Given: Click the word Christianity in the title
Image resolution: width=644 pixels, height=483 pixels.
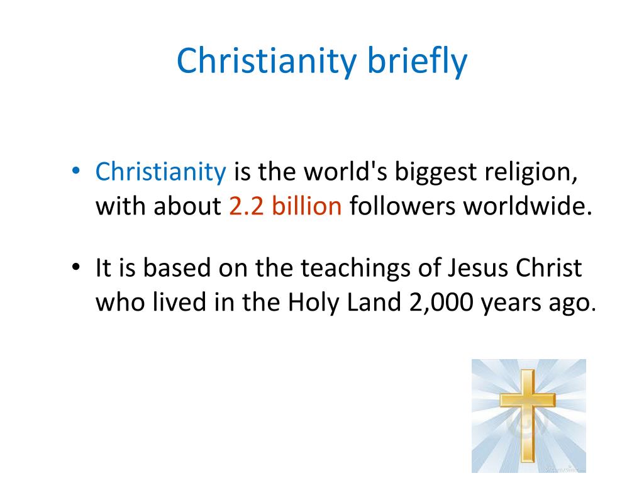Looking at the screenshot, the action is [266, 61].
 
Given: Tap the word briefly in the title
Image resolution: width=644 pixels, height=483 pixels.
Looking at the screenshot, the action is [417, 61].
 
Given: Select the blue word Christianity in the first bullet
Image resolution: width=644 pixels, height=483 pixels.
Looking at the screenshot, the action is [160, 172].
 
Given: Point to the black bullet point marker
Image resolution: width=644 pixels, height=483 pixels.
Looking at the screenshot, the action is [75, 267].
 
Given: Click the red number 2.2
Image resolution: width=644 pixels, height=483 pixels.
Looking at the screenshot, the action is [246, 206].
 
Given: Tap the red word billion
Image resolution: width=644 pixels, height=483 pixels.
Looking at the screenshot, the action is [306, 206].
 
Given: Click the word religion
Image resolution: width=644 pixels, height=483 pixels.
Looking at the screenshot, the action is [531, 172].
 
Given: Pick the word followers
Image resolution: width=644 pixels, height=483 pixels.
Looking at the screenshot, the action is [402, 206].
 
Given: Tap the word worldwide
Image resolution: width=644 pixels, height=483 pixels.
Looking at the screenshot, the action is [528, 206].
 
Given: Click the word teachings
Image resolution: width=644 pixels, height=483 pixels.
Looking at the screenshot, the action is [356, 269].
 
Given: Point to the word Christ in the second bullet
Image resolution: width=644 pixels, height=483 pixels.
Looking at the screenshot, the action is [548, 268].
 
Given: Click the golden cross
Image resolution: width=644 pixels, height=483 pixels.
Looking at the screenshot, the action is [528, 415].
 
